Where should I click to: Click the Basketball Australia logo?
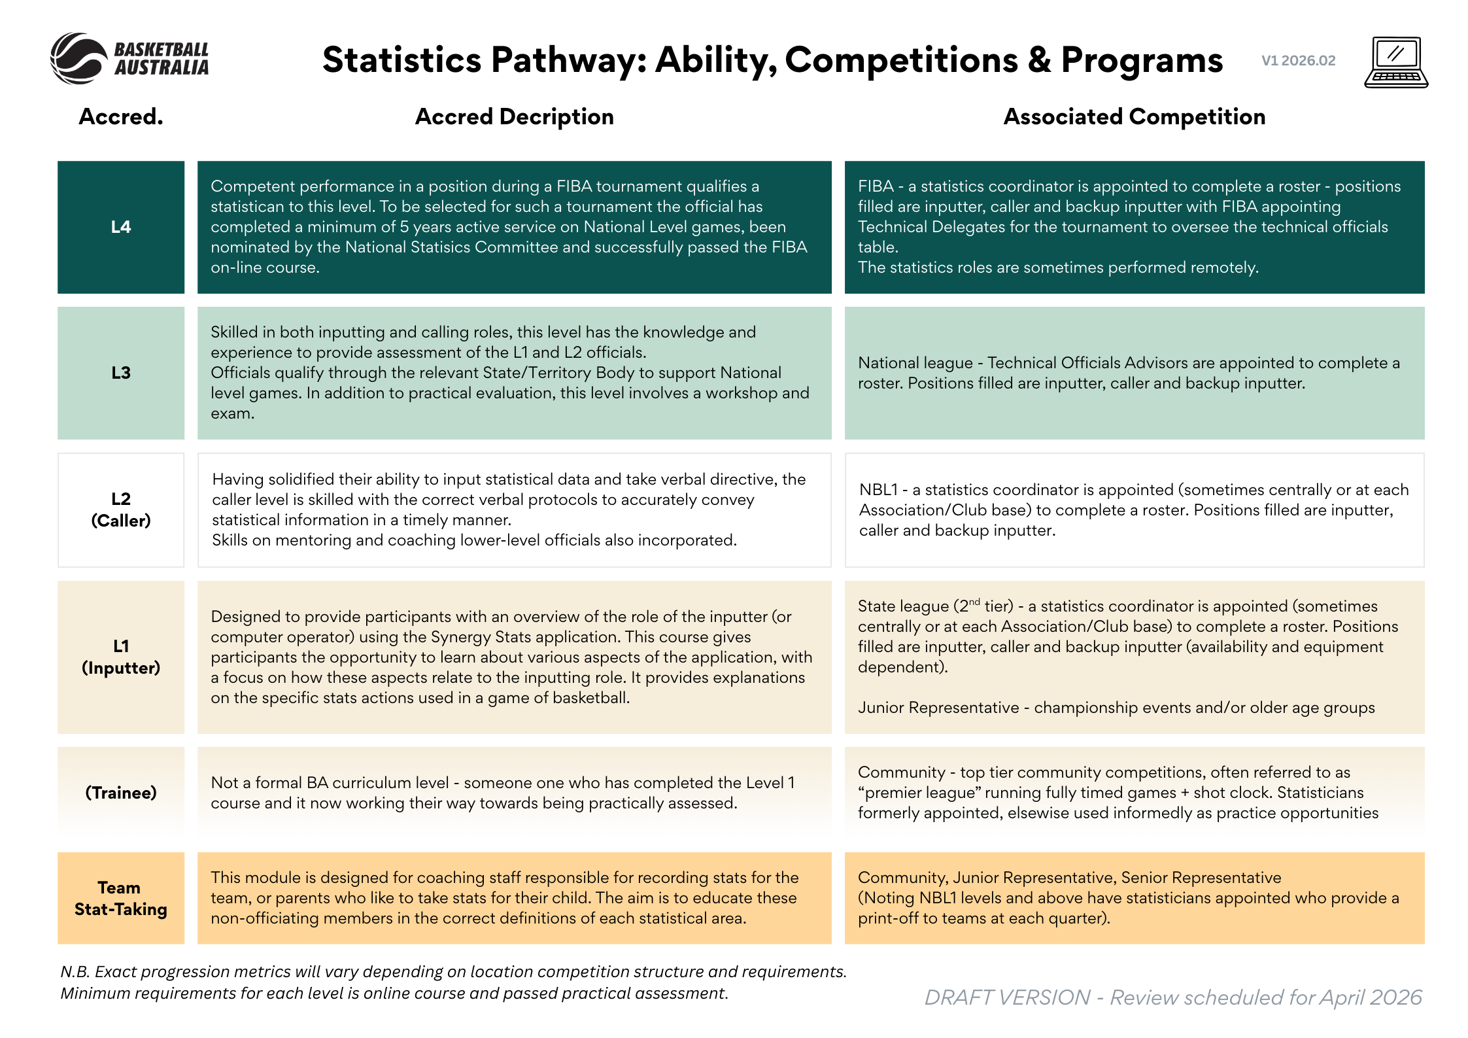[x=129, y=59]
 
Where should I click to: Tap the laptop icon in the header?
[x=1396, y=62]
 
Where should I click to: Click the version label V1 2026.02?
[x=1298, y=61]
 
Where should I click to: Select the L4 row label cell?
[x=121, y=227]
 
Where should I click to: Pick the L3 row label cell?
[x=121, y=373]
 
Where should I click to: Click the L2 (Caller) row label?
[x=121, y=510]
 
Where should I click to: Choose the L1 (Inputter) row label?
[x=121, y=657]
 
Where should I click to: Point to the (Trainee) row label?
[x=121, y=793]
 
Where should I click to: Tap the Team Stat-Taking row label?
[x=121, y=898]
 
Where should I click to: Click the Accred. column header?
[x=121, y=116]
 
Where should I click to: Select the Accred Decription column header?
[x=515, y=116]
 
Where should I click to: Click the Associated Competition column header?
[x=1135, y=116]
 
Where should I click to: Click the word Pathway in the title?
[x=568, y=60]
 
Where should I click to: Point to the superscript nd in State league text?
[x=974, y=601]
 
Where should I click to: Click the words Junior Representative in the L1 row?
[x=938, y=708]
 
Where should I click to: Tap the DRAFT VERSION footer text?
[x=1007, y=997]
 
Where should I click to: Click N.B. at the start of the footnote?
[x=75, y=972]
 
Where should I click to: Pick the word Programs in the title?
[x=1142, y=60]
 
